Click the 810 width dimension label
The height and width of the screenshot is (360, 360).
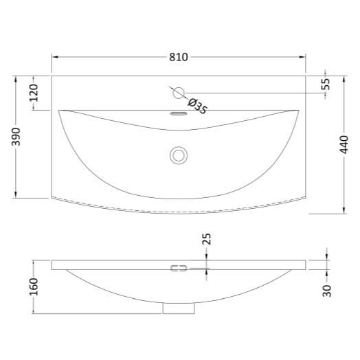pos(179,57)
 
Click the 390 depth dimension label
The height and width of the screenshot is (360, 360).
pos(16,137)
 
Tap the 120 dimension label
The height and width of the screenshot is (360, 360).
pos(34,93)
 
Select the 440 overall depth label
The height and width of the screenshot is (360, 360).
pos(344,145)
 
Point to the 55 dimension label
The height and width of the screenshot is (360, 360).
pos(326,85)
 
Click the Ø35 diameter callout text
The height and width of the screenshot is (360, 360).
pos(197,106)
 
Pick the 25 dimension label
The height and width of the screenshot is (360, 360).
pos(207,239)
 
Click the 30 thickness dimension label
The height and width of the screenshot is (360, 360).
pos(327,291)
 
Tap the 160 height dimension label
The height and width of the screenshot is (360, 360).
pos(34,286)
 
